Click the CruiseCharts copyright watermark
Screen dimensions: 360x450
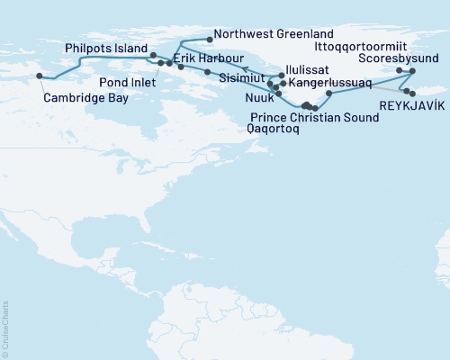tap(4, 329)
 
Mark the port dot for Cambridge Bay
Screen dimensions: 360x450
tap(39, 76)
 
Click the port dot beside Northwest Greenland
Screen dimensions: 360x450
tap(210, 39)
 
